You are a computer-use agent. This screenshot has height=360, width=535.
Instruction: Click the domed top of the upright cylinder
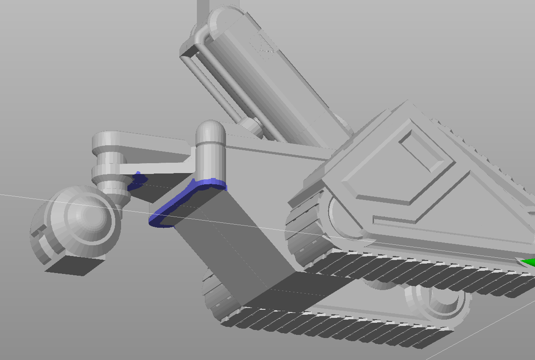(x=211, y=130)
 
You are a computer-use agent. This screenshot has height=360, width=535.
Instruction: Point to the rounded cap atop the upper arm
(x=224, y=18)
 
